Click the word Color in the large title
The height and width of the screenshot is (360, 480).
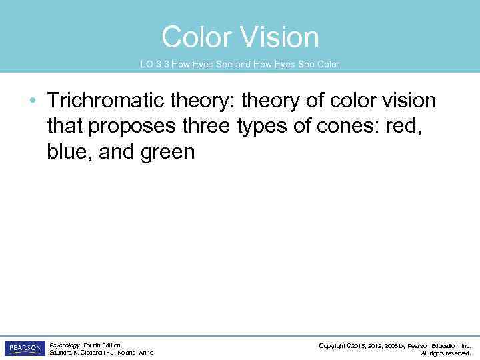[x=197, y=37]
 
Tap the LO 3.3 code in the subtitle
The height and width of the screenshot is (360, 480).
[x=154, y=65]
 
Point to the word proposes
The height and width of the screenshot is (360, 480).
[x=127, y=127]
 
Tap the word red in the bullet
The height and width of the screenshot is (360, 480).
[x=405, y=127]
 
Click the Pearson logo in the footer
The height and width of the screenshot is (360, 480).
[x=25, y=349]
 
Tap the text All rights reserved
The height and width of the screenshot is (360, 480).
[x=446, y=353]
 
